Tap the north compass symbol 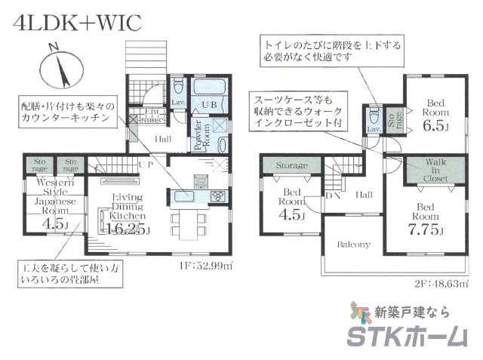pos(58,70)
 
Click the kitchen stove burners pos(216,196)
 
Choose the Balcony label pos(352,245)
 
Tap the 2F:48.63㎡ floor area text pos(440,285)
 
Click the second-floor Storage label pos(291,165)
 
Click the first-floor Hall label pos(163,139)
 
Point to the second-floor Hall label pos(364,195)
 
